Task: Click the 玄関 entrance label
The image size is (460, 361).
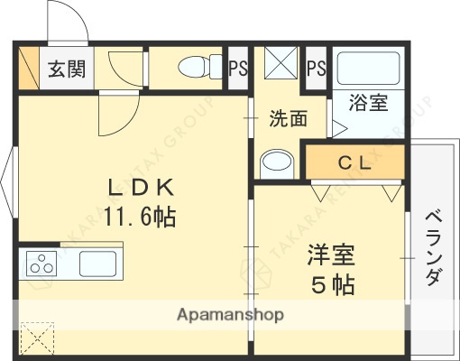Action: (x=66, y=69)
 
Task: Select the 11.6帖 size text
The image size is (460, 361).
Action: (x=139, y=217)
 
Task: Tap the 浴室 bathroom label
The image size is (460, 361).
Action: (x=370, y=102)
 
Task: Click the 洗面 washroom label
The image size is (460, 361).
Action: (x=288, y=118)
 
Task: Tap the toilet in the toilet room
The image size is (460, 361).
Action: (x=195, y=67)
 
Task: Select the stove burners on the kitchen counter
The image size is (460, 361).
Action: (x=41, y=264)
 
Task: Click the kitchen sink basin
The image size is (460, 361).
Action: (x=96, y=264)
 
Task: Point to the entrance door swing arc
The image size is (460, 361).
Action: (x=74, y=20)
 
